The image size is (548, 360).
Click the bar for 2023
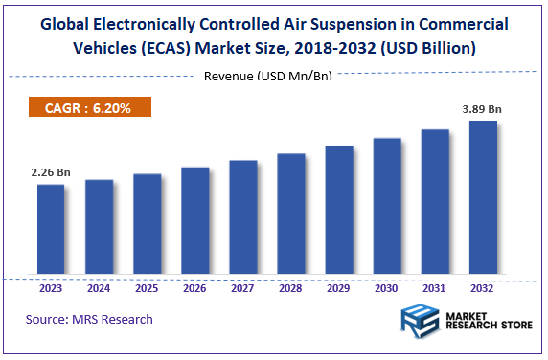pos(52,230)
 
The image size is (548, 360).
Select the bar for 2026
pos(195,221)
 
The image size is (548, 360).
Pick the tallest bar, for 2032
pos(483,198)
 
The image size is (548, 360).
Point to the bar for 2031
pos(435,203)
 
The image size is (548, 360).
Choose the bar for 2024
pos(100,228)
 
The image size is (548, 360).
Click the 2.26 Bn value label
pos(50,172)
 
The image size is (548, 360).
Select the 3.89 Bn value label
pos(482,109)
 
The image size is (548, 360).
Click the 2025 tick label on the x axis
pos(148,287)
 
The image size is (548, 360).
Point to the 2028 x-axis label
pos(291,287)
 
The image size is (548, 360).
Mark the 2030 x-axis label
pos(387,287)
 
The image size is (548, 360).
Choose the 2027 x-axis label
pos(243,287)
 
